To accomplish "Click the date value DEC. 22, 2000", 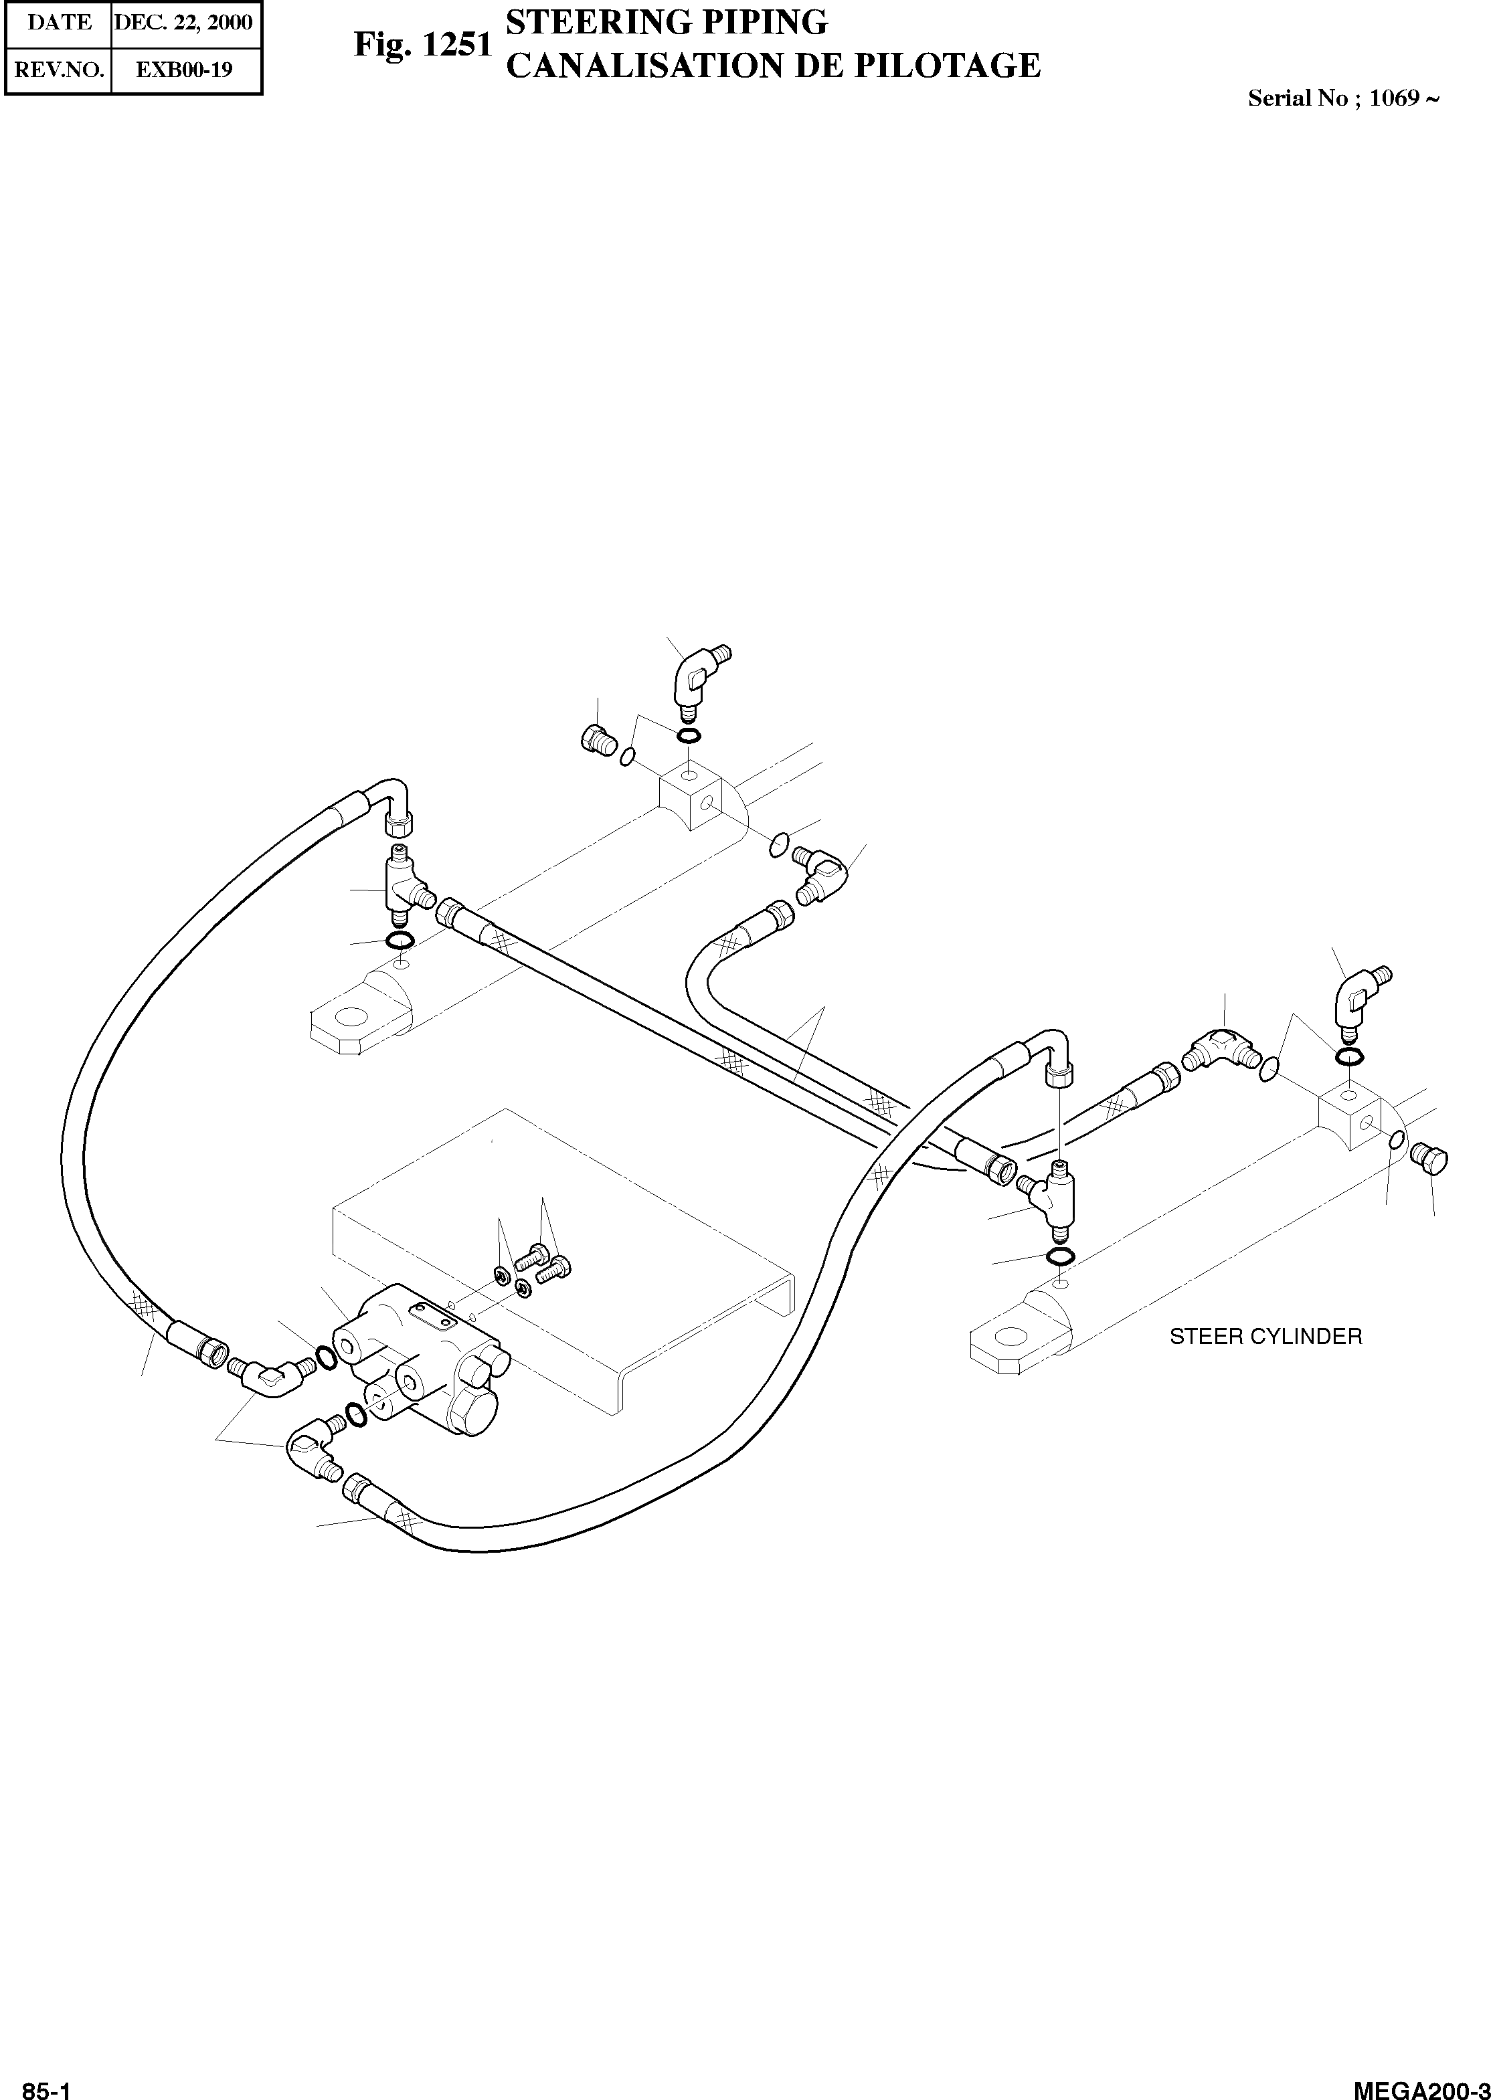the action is (x=183, y=22).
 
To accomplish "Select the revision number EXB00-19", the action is (x=183, y=69).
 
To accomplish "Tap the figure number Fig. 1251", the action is (x=423, y=45).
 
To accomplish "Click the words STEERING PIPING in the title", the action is (x=667, y=22).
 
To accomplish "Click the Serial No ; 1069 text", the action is (x=1342, y=99).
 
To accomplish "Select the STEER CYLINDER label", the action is (x=1265, y=1337).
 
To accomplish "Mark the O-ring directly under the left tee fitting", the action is (x=400, y=940).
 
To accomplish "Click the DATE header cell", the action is (x=59, y=22).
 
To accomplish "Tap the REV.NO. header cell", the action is (x=59, y=69).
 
